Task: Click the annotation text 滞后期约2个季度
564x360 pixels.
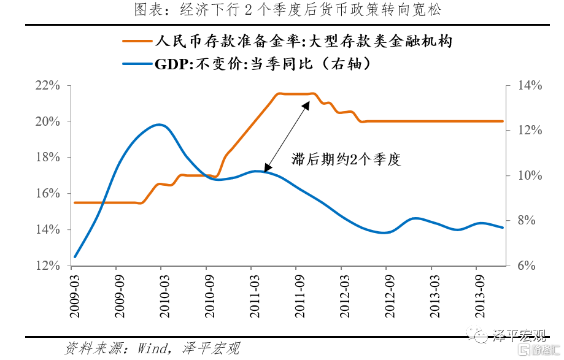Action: pyautogui.click(x=346, y=161)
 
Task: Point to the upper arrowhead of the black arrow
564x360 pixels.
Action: pyautogui.click(x=307, y=104)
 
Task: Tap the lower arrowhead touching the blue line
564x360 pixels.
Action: pyautogui.click(x=266, y=169)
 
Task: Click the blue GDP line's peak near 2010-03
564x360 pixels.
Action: pyautogui.click(x=160, y=124)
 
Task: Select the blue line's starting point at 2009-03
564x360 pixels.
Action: pyautogui.click(x=75, y=256)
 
